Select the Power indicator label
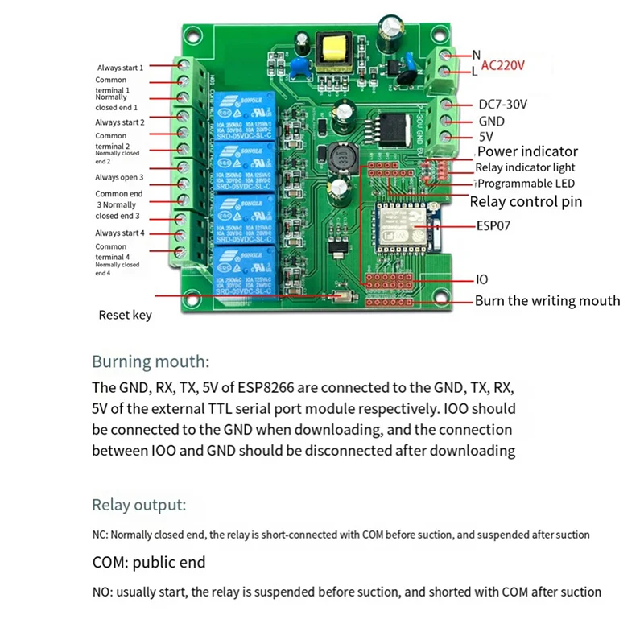click(527, 151)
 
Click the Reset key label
click(125, 316)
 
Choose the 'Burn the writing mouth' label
click(547, 300)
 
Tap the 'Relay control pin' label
click(526, 201)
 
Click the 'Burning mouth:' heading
click(151, 361)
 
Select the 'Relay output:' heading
click(139, 506)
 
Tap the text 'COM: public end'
click(149, 562)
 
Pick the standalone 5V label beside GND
click(486, 136)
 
